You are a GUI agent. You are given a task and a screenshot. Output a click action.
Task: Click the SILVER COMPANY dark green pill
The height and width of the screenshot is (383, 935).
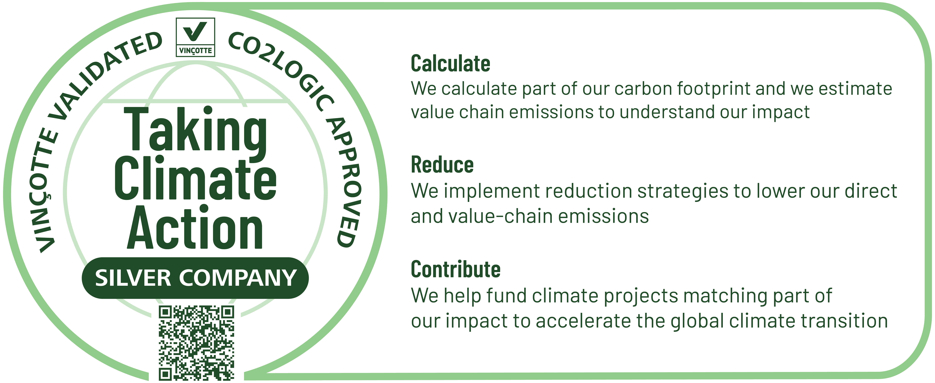pos(195,278)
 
